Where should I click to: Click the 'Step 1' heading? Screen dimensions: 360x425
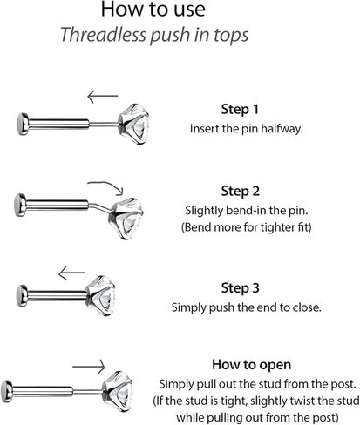(x=240, y=110)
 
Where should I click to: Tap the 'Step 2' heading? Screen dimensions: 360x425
(x=240, y=191)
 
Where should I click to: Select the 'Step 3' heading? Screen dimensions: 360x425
(x=240, y=288)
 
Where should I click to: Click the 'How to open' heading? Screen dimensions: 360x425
(x=251, y=365)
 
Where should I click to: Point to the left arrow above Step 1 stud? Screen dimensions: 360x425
(x=103, y=96)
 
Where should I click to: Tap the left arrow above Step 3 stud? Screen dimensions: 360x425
(x=71, y=273)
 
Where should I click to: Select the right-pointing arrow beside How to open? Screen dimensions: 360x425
(x=89, y=367)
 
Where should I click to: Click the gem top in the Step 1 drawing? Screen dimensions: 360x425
(x=134, y=124)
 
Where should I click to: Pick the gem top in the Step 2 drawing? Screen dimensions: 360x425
(x=127, y=219)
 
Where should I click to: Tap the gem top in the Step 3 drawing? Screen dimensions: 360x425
(x=101, y=295)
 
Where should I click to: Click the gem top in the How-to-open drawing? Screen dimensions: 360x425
(x=118, y=391)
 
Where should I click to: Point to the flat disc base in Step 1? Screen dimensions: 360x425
(x=23, y=124)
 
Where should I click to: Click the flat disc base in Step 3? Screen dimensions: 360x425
(x=22, y=296)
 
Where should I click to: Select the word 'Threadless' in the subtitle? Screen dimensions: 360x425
(x=103, y=35)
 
